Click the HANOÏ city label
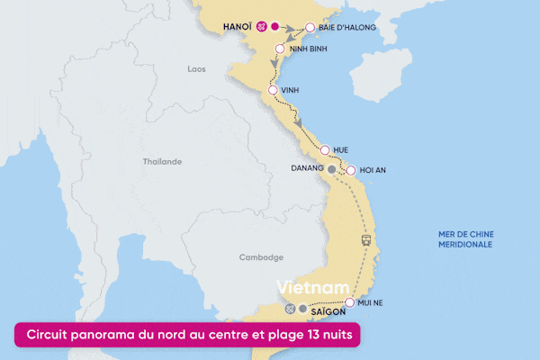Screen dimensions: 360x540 coord(237,27)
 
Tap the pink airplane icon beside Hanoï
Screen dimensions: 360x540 coord(261,27)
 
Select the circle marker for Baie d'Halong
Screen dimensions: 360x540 coord(310,28)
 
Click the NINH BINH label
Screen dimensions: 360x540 coord(307,49)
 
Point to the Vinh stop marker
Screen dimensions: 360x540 coord(273,90)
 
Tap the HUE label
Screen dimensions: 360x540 coord(340,149)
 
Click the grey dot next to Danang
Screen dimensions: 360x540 coord(331,168)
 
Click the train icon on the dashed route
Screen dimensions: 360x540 coord(366,240)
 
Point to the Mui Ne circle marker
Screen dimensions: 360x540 coord(349,303)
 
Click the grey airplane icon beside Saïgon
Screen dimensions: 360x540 coord(290,309)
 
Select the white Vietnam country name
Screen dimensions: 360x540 coord(312,287)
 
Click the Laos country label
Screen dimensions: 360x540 coord(196,68)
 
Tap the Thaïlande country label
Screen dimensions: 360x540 coord(162,162)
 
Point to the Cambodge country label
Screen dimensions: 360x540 coord(260,257)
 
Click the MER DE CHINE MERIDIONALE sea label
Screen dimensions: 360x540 coord(465,239)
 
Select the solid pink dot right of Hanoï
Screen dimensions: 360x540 coord(275,27)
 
